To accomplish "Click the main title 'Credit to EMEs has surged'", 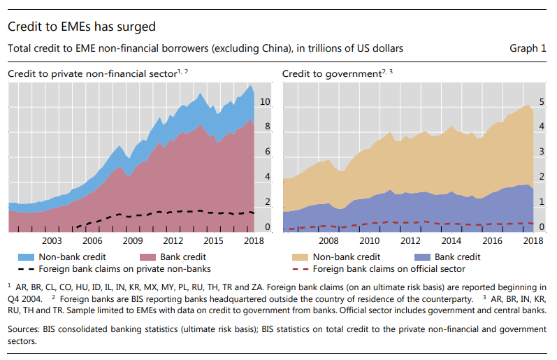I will click(81, 27).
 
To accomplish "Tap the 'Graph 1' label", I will click(528, 49).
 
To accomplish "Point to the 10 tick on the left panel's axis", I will click(265, 102).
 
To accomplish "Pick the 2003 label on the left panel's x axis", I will click(52, 240).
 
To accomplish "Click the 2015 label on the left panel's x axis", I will click(213, 240).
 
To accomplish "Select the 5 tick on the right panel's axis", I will click(541, 102).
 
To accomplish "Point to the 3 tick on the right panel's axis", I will click(541, 152).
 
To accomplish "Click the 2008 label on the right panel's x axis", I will click(328, 240).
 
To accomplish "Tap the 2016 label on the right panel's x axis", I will click(493, 240).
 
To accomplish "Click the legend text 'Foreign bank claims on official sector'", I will click(389, 269).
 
